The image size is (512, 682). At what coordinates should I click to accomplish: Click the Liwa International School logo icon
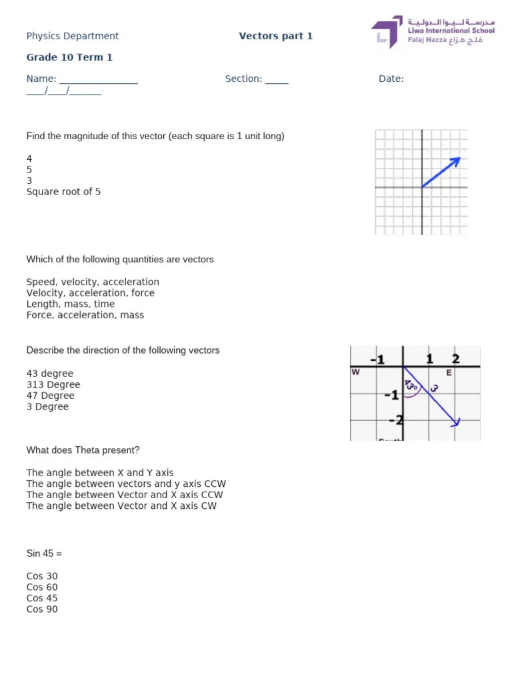point(387,33)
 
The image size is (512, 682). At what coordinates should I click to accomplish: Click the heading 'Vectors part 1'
point(275,36)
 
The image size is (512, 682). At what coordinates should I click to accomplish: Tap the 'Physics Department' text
point(72,36)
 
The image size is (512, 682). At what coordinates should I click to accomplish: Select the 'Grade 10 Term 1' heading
point(69,57)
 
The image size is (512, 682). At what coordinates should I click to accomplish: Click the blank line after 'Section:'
point(277,80)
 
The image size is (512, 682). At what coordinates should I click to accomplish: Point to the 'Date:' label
point(391,79)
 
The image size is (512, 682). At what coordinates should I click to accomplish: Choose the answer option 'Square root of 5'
point(63,192)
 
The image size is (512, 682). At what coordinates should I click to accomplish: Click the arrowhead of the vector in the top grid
point(457,160)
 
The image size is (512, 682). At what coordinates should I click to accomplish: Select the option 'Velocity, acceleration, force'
point(90,293)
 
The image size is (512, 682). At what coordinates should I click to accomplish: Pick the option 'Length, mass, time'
point(70,304)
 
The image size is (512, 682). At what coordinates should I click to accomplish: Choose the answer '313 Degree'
point(53,385)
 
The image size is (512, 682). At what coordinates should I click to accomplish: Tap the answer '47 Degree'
point(50,396)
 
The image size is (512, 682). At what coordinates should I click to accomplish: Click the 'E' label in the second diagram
point(449,373)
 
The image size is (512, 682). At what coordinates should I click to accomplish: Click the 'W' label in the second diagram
point(355,373)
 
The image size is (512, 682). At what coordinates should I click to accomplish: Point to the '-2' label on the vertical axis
point(395,420)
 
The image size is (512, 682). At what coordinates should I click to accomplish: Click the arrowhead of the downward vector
point(456,422)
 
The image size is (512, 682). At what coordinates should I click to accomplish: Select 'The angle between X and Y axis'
point(100,473)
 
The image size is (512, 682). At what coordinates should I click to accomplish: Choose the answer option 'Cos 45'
point(42,598)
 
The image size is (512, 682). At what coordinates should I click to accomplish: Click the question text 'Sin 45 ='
point(44,553)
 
